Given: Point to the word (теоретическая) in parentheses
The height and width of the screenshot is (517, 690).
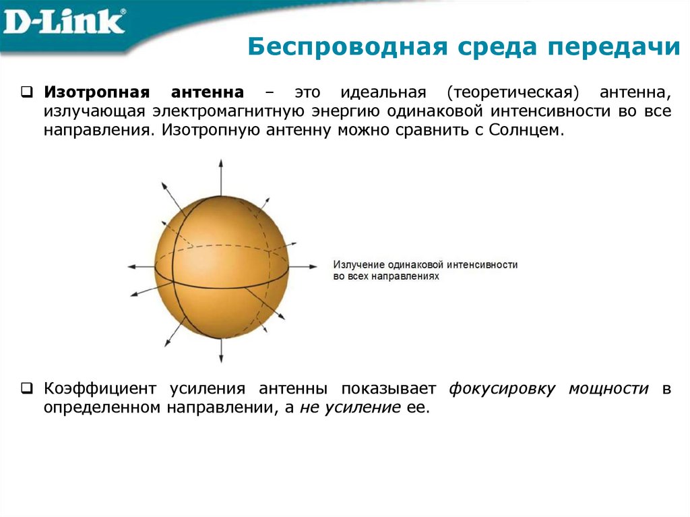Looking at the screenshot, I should click(515, 91).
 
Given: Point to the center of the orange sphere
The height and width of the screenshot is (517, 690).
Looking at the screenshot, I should click(221, 260).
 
